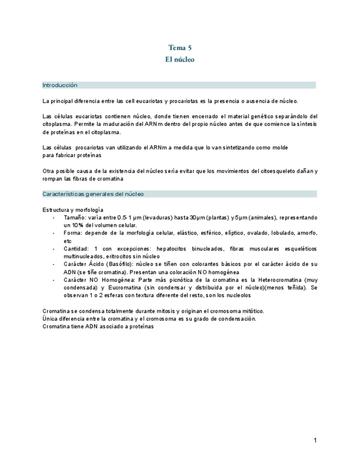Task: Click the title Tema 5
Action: [x=180, y=48]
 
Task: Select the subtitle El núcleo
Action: [x=180, y=59]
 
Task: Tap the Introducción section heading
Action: [x=60, y=85]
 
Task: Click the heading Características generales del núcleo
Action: [x=93, y=194]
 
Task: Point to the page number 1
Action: [x=315, y=440]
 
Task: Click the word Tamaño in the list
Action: [x=74, y=218]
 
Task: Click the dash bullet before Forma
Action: [x=53, y=233]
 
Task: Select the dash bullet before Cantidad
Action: [x=53, y=248]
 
